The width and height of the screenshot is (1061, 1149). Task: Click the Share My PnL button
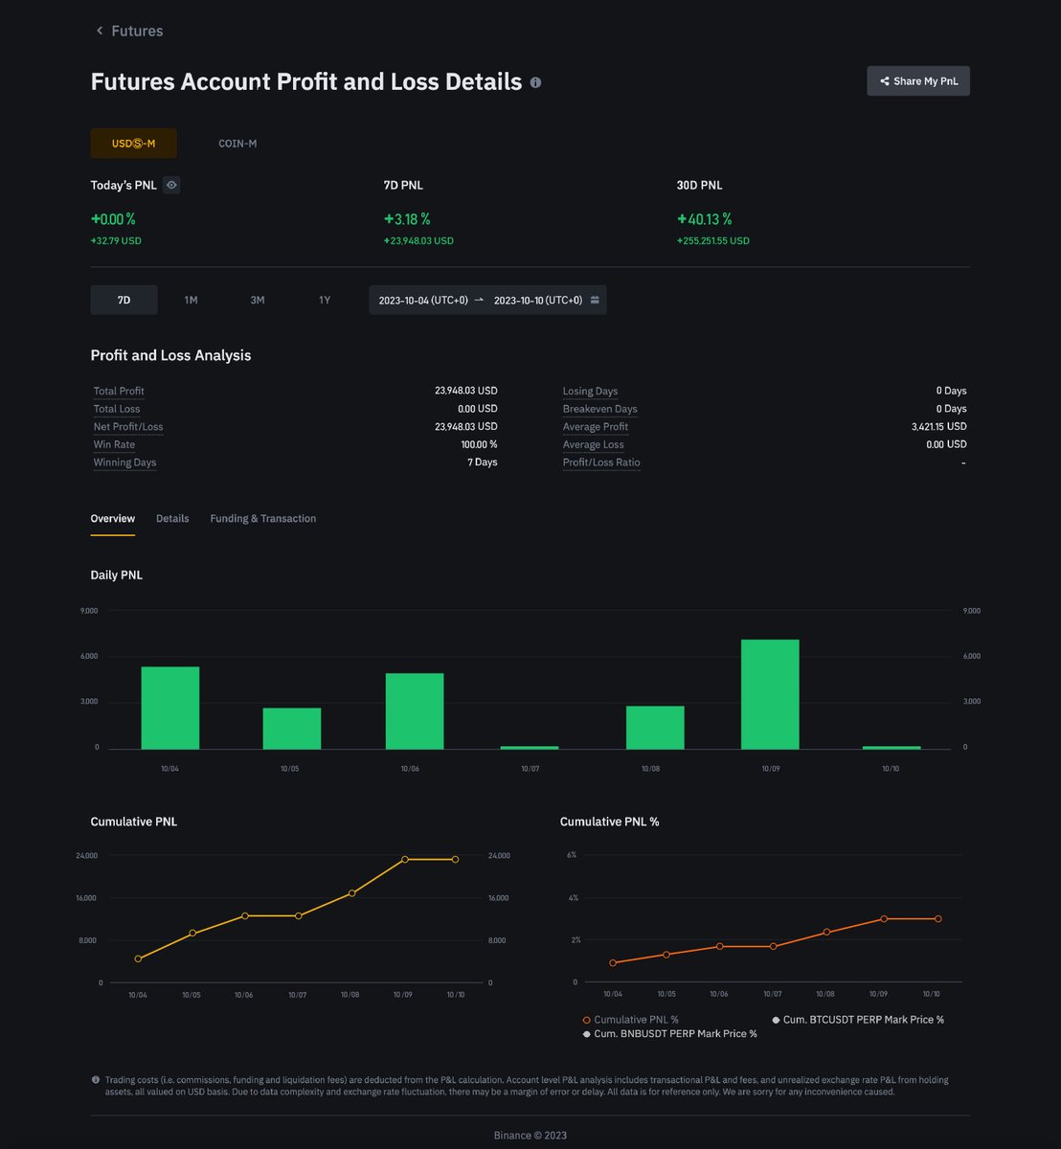coord(918,81)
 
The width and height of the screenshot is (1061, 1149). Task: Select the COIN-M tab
coord(237,144)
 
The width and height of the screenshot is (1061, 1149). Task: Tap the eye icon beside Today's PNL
coord(171,185)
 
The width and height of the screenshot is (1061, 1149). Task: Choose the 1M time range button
coord(191,300)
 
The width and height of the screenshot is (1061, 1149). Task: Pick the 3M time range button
coord(257,300)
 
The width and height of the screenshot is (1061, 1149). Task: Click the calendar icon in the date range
coord(595,300)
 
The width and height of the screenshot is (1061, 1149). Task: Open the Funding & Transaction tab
coord(262,518)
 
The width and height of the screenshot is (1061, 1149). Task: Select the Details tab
coord(172,518)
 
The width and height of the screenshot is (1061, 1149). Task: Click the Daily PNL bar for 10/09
coord(770,694)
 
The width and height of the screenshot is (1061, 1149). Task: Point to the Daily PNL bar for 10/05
coord(292,729)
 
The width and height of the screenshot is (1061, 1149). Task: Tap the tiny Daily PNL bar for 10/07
coord(529,748)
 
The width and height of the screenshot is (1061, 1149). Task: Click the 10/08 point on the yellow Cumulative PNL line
coord(352,893)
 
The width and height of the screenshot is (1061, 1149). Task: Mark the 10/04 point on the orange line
coord(613,962)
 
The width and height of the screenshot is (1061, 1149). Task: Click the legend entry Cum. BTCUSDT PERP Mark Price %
coord(858,1020)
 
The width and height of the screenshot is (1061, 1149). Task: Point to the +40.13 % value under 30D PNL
coord(705,219)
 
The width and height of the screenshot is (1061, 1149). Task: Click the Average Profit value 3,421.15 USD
coord(938,426)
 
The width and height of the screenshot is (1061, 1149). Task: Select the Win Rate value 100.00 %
coord(479,444)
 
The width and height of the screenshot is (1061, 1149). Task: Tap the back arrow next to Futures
coord(100,30)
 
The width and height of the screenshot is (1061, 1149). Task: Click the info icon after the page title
coord(536,82)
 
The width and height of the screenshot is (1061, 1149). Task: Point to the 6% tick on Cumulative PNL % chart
coord(572,854)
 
